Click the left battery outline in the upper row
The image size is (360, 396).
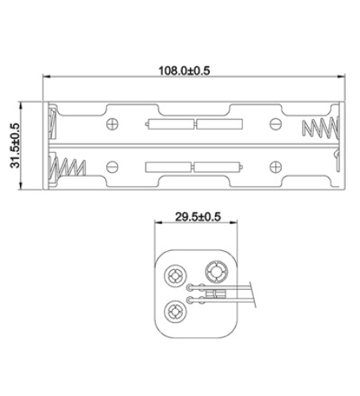pyautogui.click(x=169, y=124)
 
